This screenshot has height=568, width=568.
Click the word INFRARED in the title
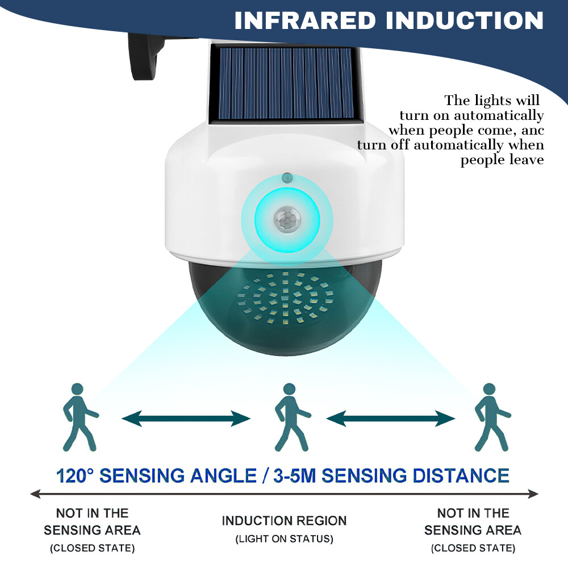304,20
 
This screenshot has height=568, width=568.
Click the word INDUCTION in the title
465,20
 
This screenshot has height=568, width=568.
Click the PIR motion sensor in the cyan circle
287,219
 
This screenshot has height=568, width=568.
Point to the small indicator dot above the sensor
287,178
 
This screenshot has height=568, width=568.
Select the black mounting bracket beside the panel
145,57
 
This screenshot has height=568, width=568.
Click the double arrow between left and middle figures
186,419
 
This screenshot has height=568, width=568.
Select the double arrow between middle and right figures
391,419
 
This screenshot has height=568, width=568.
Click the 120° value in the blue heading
75,475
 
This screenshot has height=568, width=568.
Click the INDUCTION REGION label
284,520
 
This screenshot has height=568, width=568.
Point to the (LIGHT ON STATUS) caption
284,538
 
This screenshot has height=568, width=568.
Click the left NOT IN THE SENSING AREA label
92,521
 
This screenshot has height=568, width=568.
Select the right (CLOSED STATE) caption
473,548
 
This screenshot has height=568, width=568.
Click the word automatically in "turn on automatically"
499,115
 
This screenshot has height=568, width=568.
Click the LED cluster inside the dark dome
286,298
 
